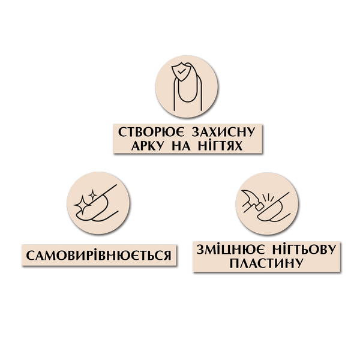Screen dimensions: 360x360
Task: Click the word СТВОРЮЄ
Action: click(x=151, y=132)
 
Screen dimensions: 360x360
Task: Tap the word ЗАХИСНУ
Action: click(x=223, y=132)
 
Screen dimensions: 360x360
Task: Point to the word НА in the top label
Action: click(x=181, y=146)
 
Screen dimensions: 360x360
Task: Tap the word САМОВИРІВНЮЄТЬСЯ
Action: click(x=99, y=256)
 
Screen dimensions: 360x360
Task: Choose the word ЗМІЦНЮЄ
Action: click(x=230, y=250)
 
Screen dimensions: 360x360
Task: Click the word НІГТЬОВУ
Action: click(x=304, y=250)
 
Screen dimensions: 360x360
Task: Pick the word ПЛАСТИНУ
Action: click(x=266, y=263)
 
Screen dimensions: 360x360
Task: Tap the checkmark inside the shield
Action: click(x=181, y=71)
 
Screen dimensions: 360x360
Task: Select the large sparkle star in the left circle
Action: click(x=82, y=205)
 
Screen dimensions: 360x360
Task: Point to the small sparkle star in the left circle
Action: click(x=93, y=194)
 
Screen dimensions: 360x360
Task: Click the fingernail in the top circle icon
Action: click(x=187, y=91)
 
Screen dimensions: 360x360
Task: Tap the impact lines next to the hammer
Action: click(x=268, y=197)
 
